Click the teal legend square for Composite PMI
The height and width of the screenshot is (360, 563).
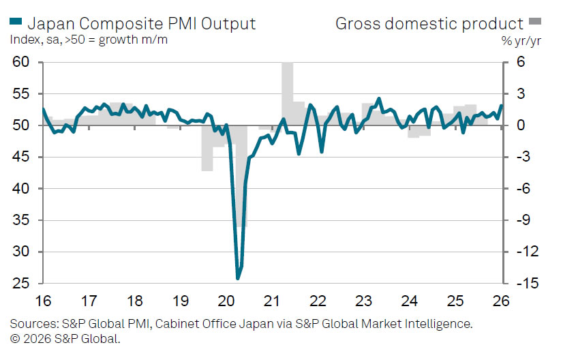coord(16,23)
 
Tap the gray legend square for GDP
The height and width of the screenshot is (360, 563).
coord(537,23)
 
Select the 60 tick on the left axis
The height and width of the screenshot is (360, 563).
coord(20,62)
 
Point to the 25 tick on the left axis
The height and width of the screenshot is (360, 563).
coord(20,283)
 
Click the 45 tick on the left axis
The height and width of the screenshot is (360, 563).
coord(20,157)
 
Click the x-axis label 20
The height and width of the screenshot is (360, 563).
coord(226,301)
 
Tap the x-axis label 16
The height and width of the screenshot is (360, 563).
coord(43,301)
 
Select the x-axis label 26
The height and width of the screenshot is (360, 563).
coord(501,301)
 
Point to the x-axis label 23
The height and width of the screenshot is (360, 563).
coord(363,301)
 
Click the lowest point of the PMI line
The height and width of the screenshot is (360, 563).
coord(238,278)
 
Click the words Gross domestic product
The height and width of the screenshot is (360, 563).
coord(429,23)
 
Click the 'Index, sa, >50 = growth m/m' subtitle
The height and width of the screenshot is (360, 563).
coord(89,40)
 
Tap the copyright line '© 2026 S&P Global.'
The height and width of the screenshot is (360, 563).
coord(65,338)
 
